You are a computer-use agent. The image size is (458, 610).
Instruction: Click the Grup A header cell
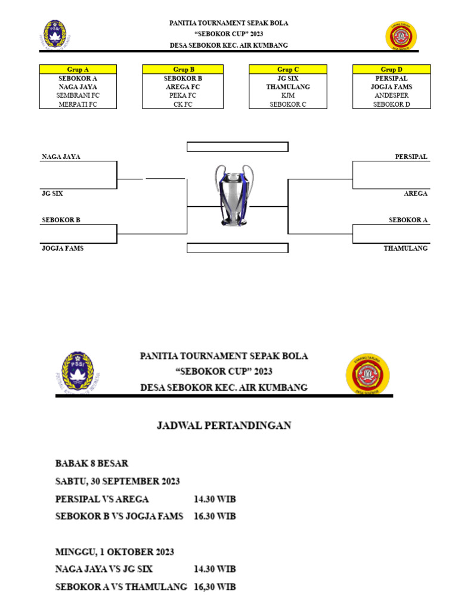pyautogui.click(x=78, y=70)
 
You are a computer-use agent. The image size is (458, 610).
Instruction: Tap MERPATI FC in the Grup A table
pyautogui.click(x=78, y=104)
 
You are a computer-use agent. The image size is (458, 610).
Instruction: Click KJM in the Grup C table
pyautogui.click(x=288, y=95)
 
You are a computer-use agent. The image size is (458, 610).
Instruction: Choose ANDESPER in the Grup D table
pyautogui.click(x=391, y=95)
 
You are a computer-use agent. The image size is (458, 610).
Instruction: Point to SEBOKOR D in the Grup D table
pyautogui.click(x=391, y=104)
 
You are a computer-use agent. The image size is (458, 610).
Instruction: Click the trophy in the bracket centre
pyautogui.click(x=234, y=195)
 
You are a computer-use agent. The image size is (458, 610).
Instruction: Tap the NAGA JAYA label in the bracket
pyautogui.click(x=61, y=157)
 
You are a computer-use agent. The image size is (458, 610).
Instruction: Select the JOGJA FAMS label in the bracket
pyautogui.click(x=63, y=248)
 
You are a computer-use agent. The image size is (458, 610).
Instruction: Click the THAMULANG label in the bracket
pyautogui.click(x=406, y=248)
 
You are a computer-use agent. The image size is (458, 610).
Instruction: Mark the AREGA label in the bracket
pyautogui.click(x=416, y=194)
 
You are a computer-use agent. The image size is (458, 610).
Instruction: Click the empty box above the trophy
pyautogui.click(x=237, y=147)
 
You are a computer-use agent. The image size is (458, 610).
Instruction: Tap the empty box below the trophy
pyautogui.click(x=237, y=248)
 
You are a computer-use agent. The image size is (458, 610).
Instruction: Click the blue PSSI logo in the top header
pyautogui.click(x=54, y=35)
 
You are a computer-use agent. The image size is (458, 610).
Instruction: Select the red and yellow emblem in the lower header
pyautogui.click(x=368, y=374)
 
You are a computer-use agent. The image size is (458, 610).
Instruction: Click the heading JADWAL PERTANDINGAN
pyautogui.click(x=224, y=425)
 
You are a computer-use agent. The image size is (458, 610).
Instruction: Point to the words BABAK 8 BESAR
pyautogui.click(x=92, y=463)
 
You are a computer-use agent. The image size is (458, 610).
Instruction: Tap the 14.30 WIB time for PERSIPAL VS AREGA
pyautogui.click(x=215, y=499)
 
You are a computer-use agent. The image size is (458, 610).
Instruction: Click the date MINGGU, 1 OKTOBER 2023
pyautogui.click(x=114, y=552)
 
